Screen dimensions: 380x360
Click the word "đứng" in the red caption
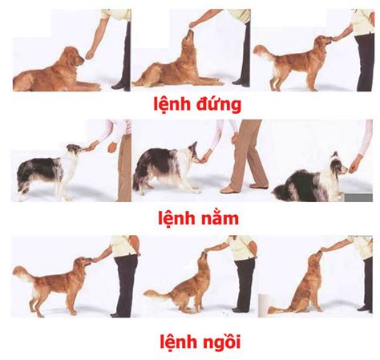click(219, 104)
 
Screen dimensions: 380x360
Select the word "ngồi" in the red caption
click(221, 342)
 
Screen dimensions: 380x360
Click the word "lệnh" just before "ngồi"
click(179, 342)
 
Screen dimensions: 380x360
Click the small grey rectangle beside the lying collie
click(358, 198)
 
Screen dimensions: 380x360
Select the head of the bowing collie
click(195, 153)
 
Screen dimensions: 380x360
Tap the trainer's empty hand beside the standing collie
click(112, 147)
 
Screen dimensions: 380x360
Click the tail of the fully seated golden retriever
click(278, 310)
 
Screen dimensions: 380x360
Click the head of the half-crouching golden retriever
click(203, 261)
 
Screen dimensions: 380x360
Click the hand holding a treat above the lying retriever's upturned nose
click(193, 25)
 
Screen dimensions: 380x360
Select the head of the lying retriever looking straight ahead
click(75, 57)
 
